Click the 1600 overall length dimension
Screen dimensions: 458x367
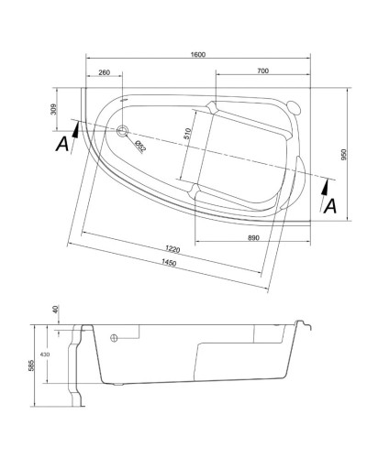(199, 54)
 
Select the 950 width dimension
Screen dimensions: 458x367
(344, 157)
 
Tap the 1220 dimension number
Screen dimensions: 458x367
(172, 250)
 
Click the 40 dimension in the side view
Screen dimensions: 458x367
(55, 310)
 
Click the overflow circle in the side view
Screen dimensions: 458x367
(114, 338)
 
